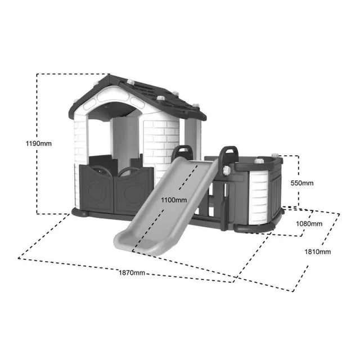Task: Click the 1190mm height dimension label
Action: point(39,144)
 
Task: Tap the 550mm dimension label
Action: point(302,183)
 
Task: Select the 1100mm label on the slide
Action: point(174,200)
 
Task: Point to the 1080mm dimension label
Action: point(309,224)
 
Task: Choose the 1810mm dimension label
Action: point(317,252)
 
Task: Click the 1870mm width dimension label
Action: point(132,273)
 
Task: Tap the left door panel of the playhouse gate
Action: point(97,188)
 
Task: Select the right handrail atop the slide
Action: point(229,154)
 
